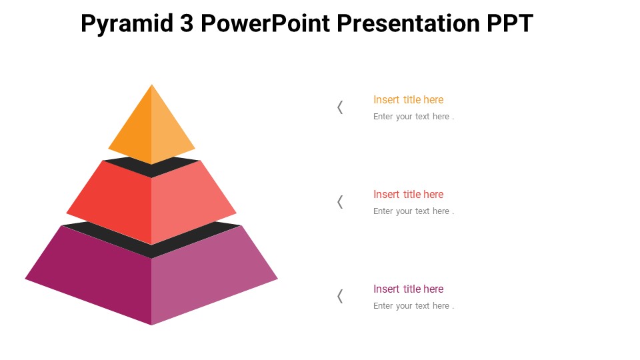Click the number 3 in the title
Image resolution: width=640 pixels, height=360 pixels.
pyautogui.click(x=186, y=24)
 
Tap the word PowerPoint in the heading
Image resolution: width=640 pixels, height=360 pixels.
pyautogui.click(x=266, y=24)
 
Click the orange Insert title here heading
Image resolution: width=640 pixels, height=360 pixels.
pyautogui.click(x=408, y=100)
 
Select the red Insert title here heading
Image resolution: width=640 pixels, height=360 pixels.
pyautogui.click(x=408, y=195)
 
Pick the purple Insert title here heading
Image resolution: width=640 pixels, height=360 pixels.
pyautogui.click(x=408, y=289)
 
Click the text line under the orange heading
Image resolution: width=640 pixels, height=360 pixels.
pyautogui.click(x=413, y=117)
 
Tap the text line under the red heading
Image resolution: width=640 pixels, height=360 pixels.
pyautogui.click(x=413, y=211)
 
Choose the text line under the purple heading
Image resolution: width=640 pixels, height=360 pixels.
pyautogui.click(x=413, y=306)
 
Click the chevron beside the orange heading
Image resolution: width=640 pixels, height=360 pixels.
pyautogui.click(x=340, y=107)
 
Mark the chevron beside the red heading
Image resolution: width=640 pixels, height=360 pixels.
pyautogui.click(x=340, y=202)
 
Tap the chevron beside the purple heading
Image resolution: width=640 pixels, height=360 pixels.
pyautogui.click(x=340, y=297)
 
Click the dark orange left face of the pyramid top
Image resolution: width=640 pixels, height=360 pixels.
pyautogui.click(x=137, y=133)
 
